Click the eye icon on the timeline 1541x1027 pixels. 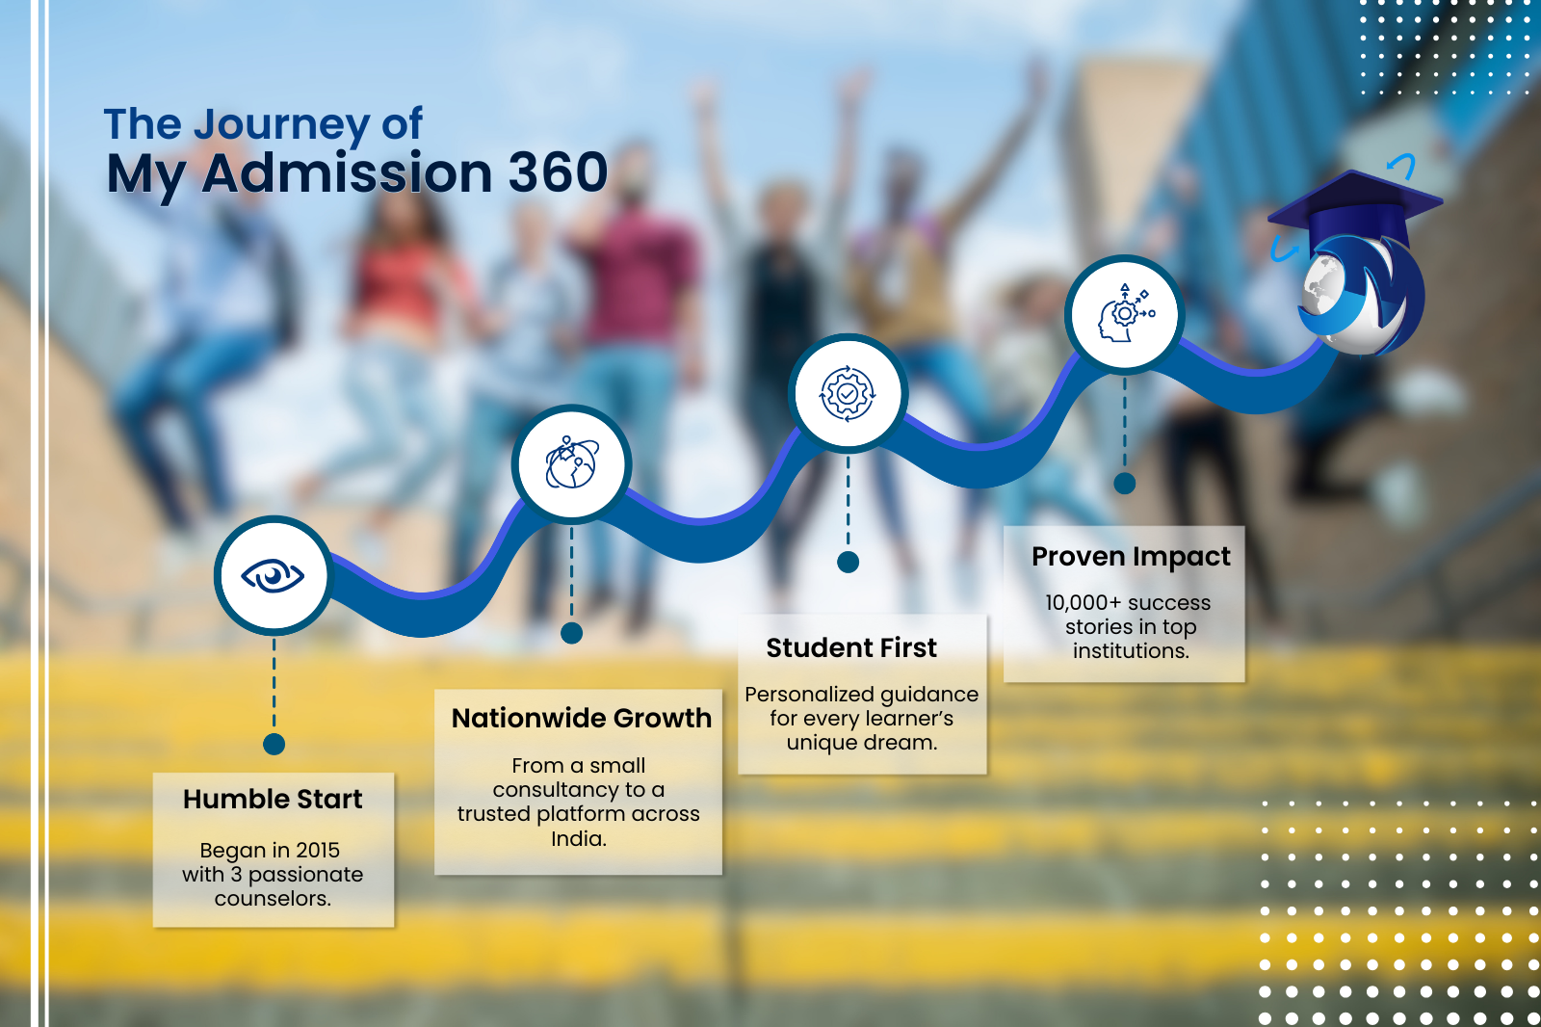pyautogui.click(x=273, y=575)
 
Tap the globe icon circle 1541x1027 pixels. pyautogui.click(x=571, y=464)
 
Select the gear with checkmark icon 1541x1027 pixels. pyautogui.click(x=848, y=393)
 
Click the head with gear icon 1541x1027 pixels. pyautogui.click(x=1125, y=313)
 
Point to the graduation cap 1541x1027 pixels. pyautogui.click(x=1355, y=210)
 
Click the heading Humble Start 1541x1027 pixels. pyautogui.click(x=273, y=800)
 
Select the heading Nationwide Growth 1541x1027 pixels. pyautogui.click(x=582, y=718)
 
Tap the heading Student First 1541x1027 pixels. pyautogui.click(x=851, y=647)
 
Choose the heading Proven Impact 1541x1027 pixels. pyautogui.click(x=1131, y=557)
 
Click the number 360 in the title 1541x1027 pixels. pyautogui.click(x=558, y=172)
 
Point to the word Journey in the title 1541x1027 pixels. pyautogui.click(x=282, y=125)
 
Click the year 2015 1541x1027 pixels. pyautogui.click(x=318, y=850)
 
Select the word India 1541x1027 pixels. pyautogui.click(x=578, y=838)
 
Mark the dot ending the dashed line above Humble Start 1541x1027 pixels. pyautogui.click(x=274, y=744)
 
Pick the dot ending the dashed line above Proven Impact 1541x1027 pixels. pyautogui.click(x=1125, y=484)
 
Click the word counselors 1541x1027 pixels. pyautogui.click(x=273, y=898)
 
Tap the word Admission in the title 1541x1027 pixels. pyautogui.click(x=347, y=172)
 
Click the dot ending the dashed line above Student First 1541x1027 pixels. pyautogui.click(x=848, y=562)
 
